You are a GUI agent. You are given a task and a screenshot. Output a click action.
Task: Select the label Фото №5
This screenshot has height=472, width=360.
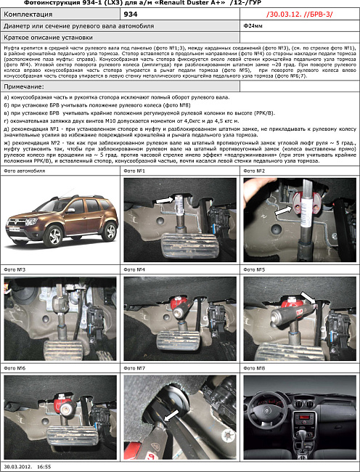coord(255,269)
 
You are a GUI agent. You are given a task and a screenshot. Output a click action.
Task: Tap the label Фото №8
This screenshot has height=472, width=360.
coord(255,368)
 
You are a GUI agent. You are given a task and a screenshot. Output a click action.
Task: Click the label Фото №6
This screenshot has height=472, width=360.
coord(15,368)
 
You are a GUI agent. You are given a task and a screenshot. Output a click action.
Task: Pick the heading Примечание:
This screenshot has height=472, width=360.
coord(24,86)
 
